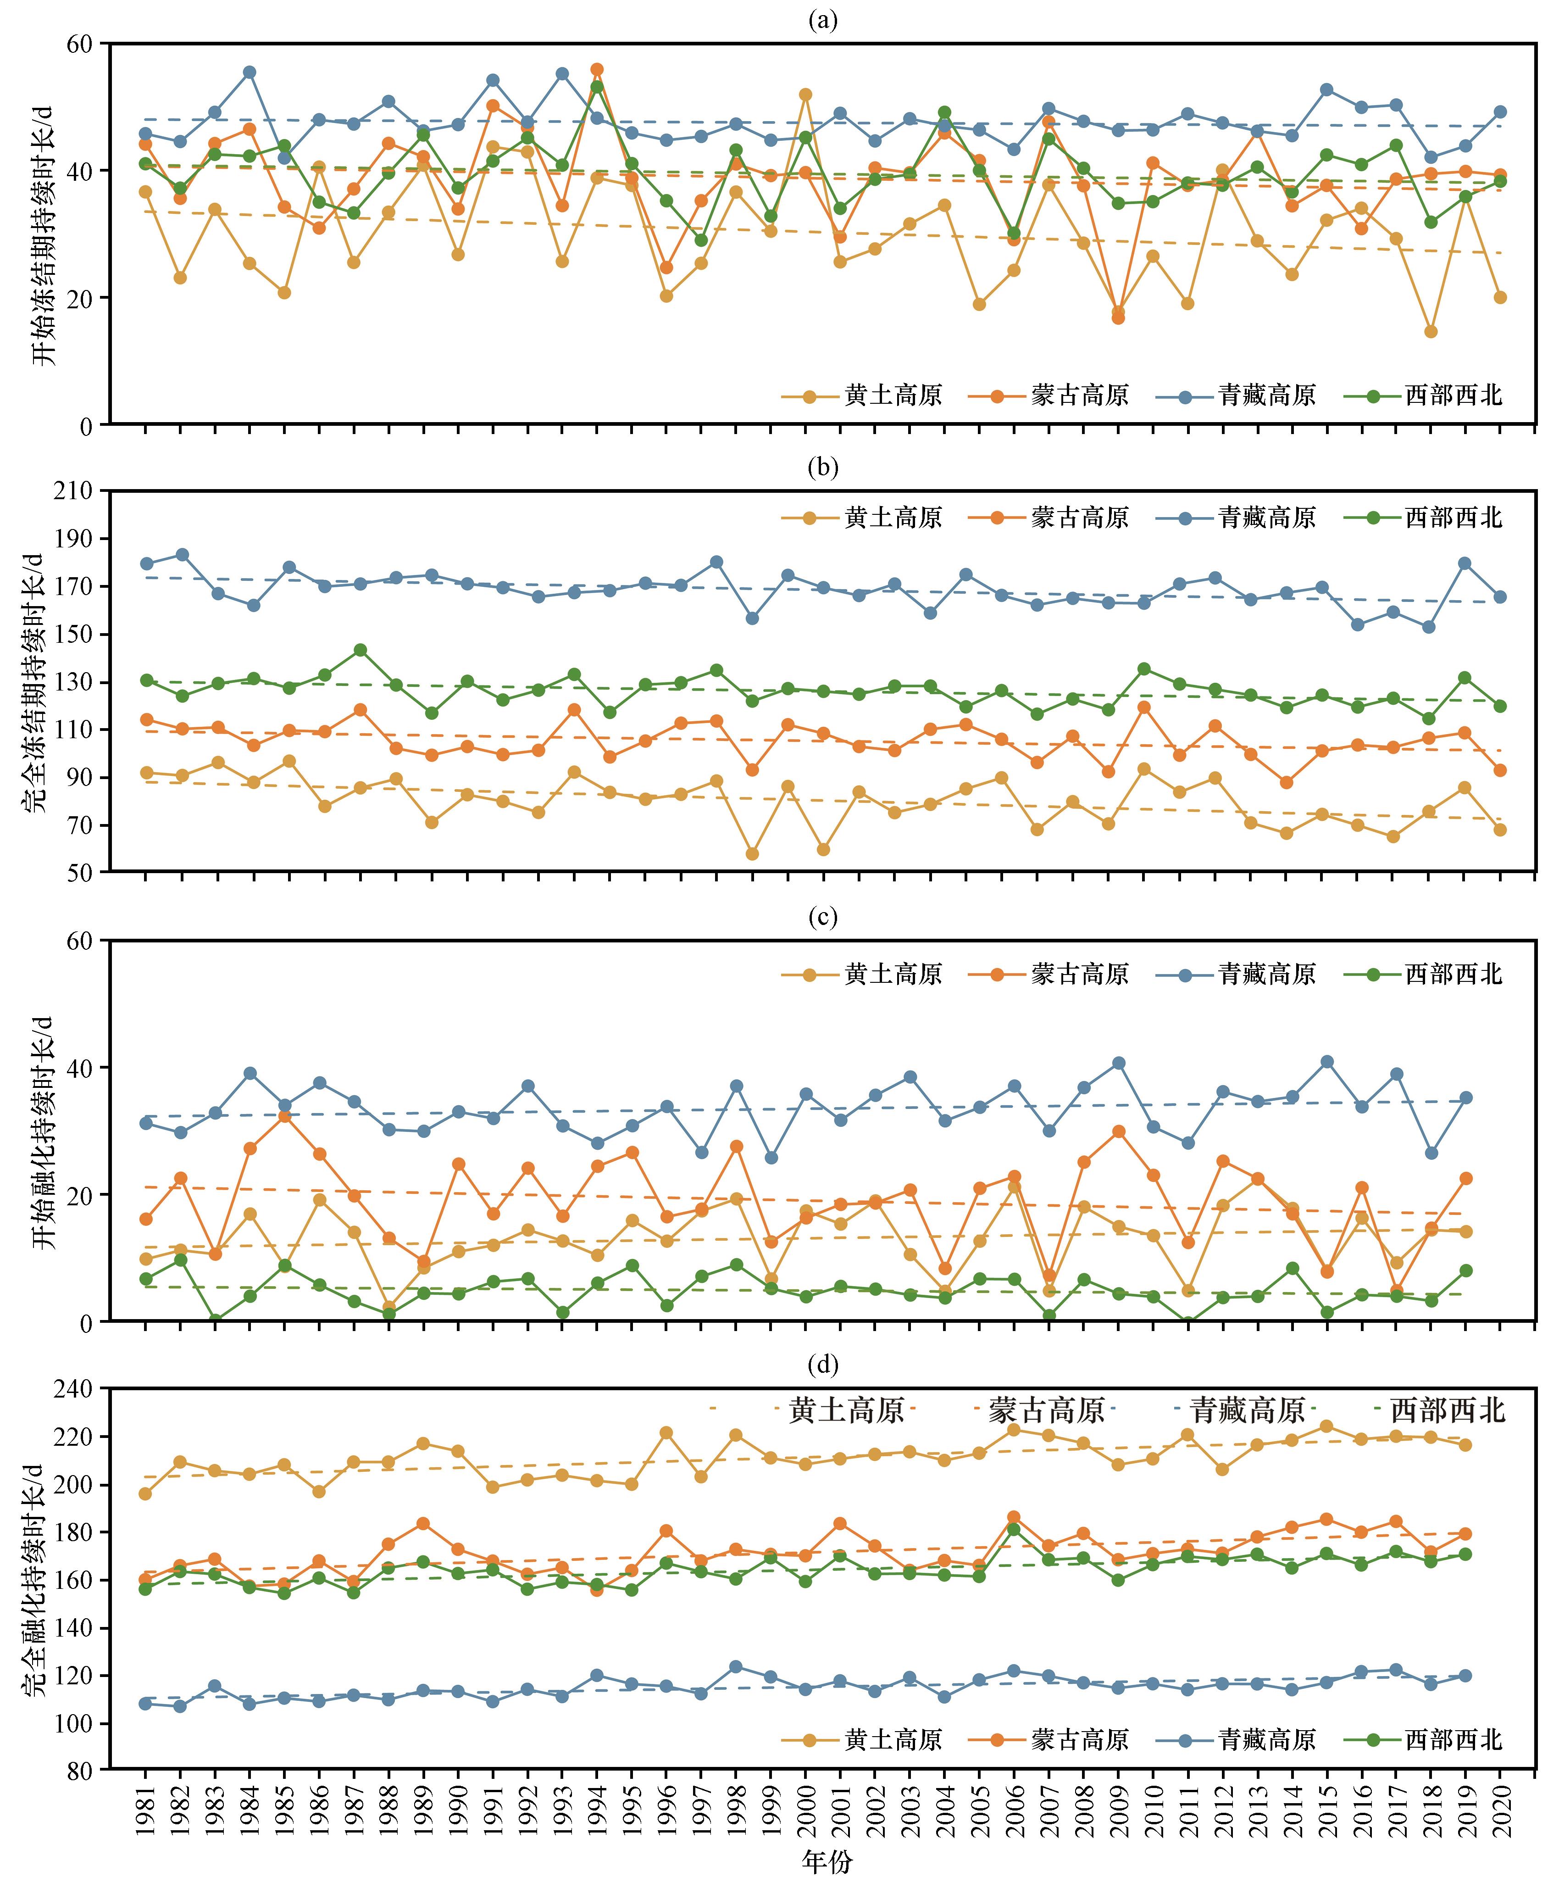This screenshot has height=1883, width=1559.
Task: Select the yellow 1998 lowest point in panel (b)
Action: (752, 853)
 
